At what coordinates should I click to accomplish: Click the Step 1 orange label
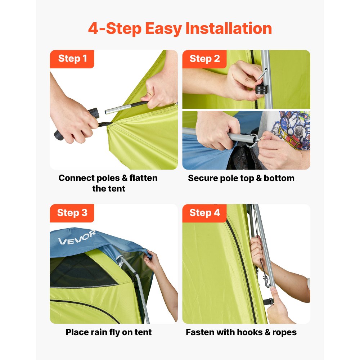(72, 59)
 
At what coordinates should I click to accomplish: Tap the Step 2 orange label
(204, 59)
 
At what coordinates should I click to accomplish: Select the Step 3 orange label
(72, 213)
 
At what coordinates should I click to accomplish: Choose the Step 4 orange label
(204, 213)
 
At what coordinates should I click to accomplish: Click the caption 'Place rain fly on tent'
(109, 332)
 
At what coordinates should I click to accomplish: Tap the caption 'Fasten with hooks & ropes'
(241, 332)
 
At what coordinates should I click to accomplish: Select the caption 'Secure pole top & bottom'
(241, 178)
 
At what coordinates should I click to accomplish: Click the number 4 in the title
(94, 29)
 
